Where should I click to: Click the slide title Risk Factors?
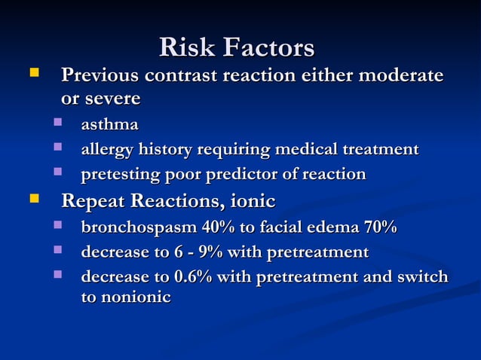click(237, 48)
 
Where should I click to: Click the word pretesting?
click(119, 175)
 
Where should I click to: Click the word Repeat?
click(93, 201)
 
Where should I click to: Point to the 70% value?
click(379, 227)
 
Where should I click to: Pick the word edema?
click(332, 227)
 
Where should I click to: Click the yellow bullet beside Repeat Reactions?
click(32, 201)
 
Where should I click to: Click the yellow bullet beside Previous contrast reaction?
click(32, 75)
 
